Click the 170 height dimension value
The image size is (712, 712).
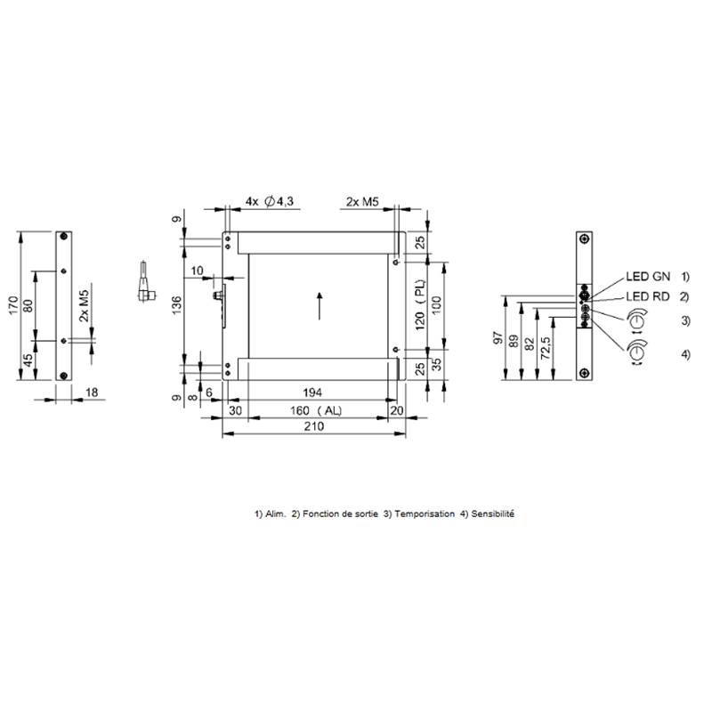13,305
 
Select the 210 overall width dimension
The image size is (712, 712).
314,426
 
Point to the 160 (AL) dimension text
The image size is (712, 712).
316,410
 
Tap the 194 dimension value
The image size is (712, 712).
312,392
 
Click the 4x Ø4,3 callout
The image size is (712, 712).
270,201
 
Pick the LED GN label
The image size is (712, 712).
648,276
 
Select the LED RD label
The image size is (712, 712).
648,296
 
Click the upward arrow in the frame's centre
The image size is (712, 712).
320,306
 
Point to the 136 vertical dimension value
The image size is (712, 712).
176,304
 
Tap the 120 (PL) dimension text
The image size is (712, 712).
420,304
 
